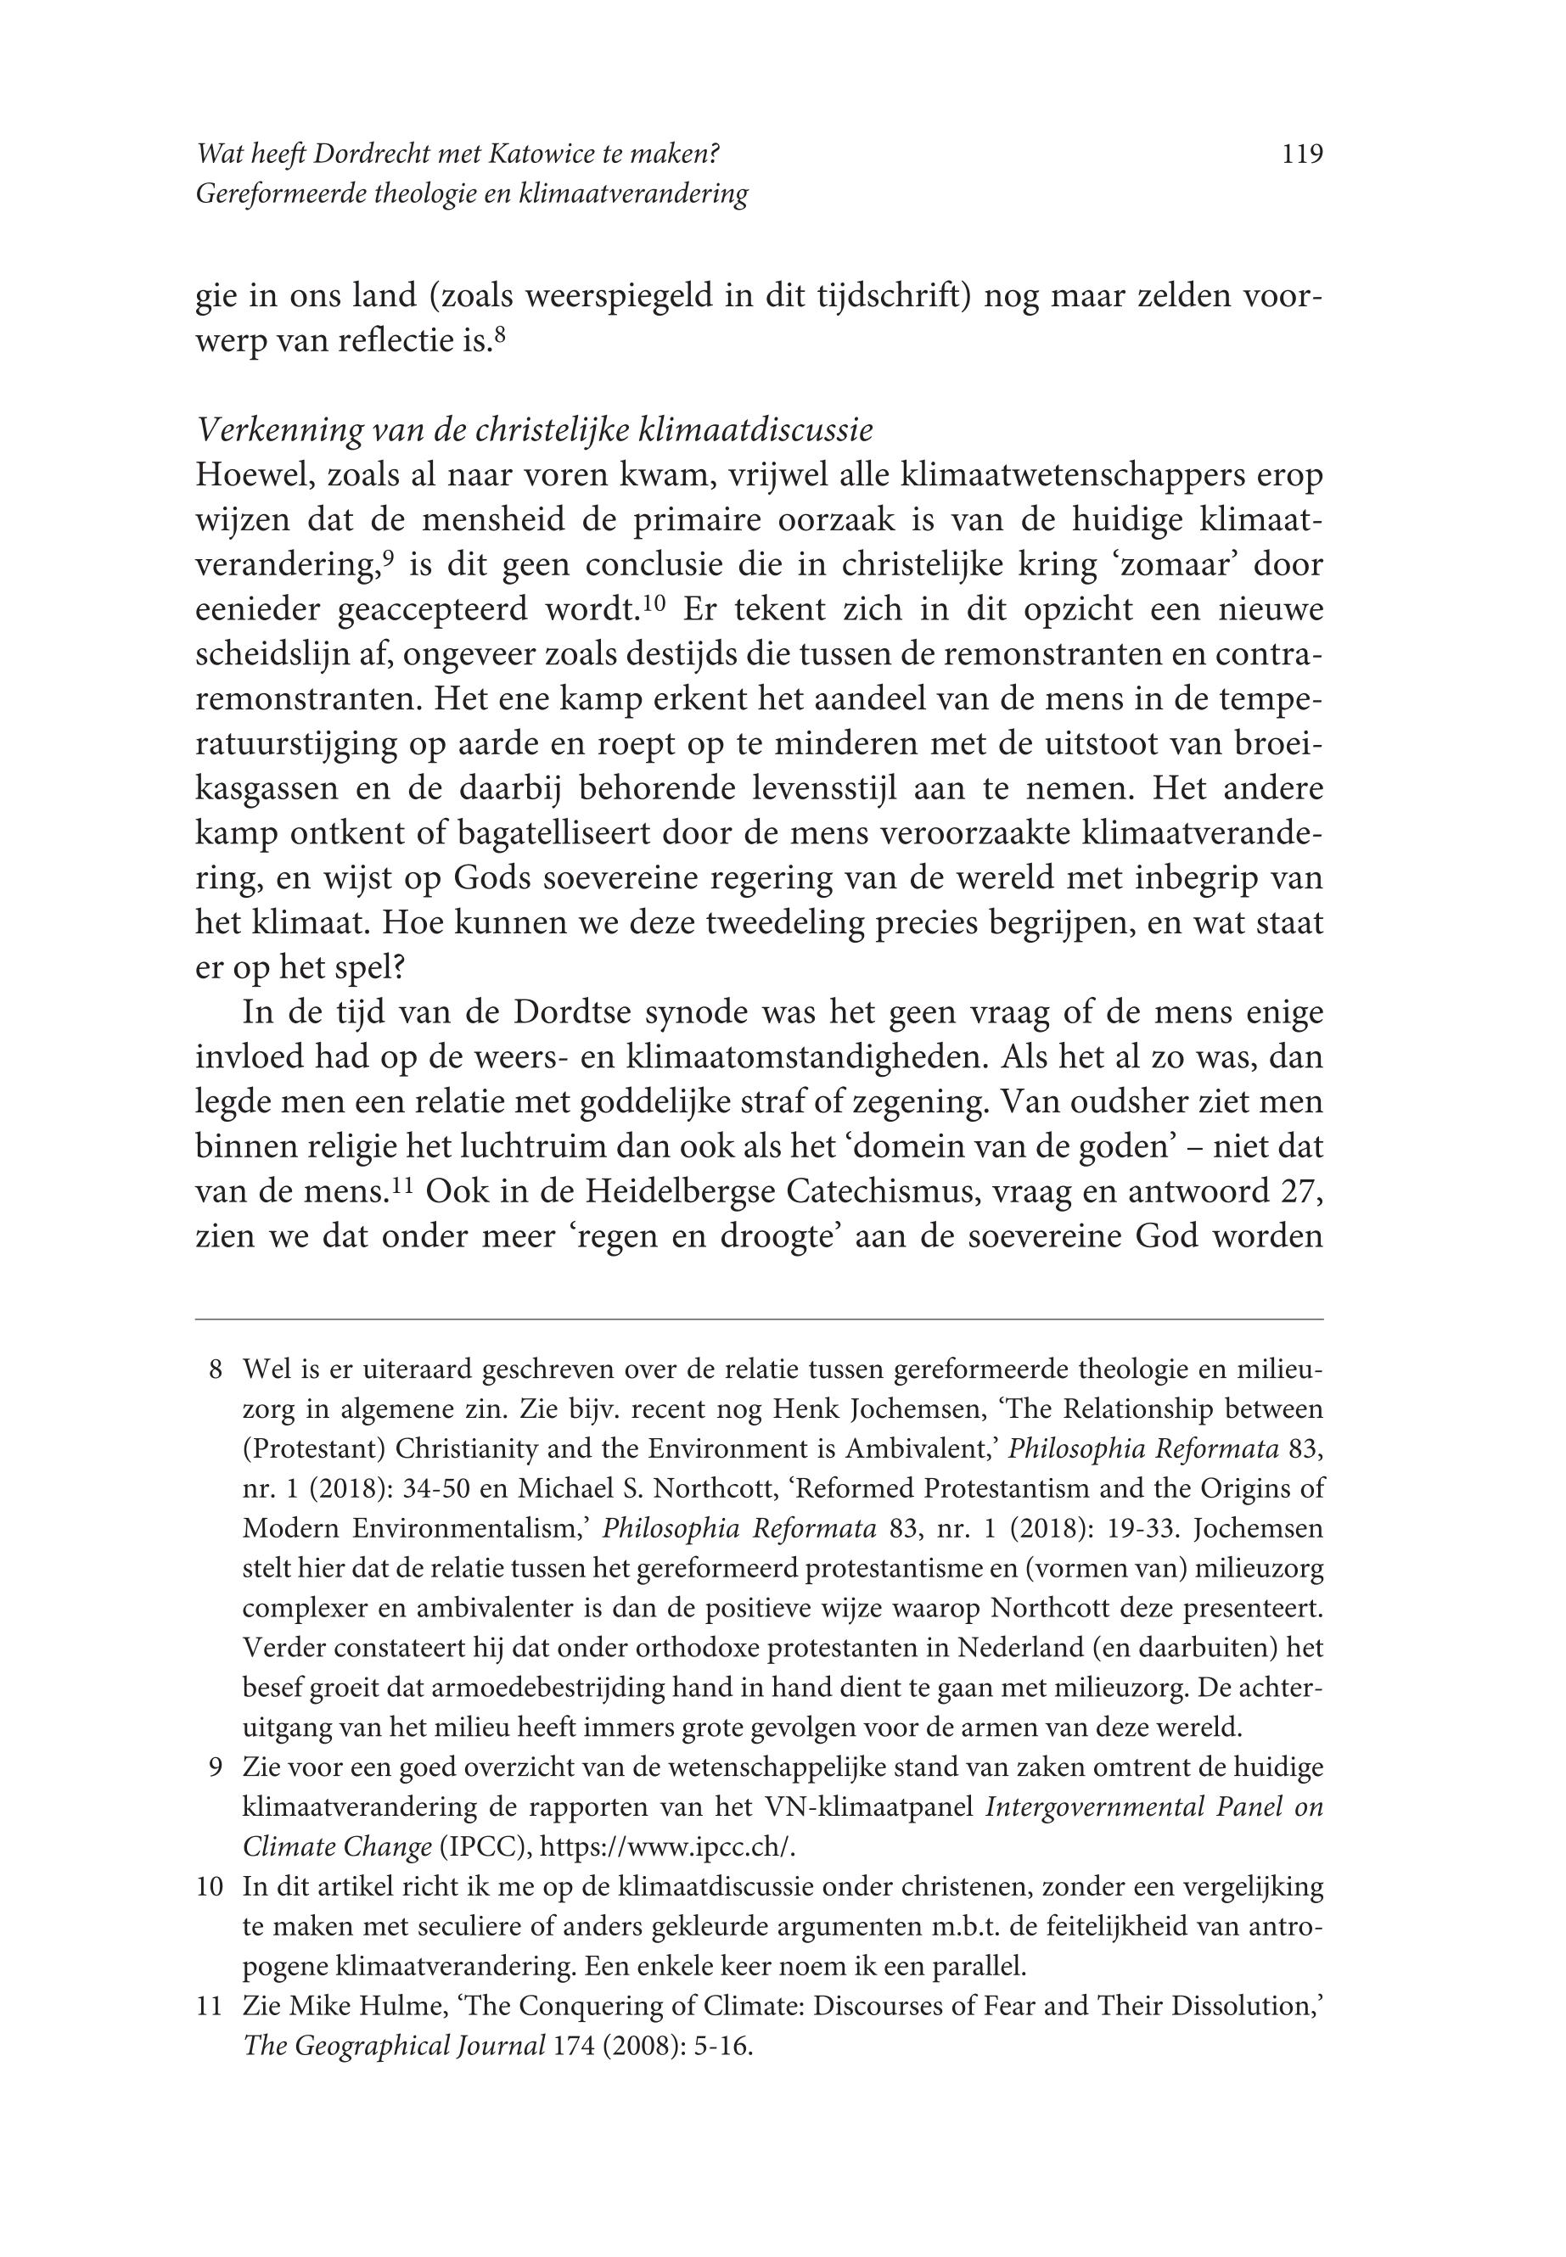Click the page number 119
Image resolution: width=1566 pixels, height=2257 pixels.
[1302, 154]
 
